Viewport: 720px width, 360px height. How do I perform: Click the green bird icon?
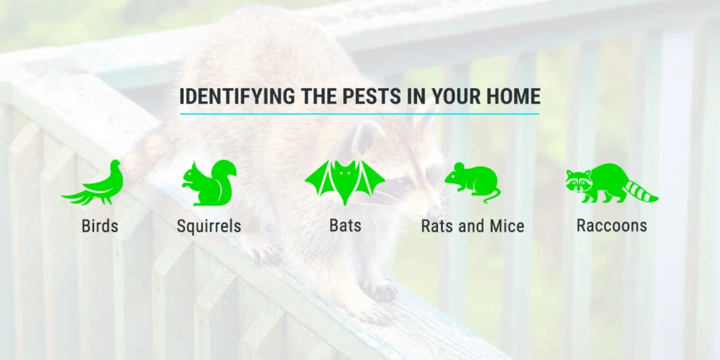click(95, 185)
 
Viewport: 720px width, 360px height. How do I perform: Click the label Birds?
click(100, 226)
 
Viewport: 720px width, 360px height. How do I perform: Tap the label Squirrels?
click(209, 226)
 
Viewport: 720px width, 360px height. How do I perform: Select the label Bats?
click(345, 226)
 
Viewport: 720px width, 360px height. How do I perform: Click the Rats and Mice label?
click(472, 226)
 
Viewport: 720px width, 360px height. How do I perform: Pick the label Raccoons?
click(612, 226)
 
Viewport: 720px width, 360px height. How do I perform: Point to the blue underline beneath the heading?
click(359, 113)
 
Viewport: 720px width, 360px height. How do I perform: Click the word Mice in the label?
click(508, 226)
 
